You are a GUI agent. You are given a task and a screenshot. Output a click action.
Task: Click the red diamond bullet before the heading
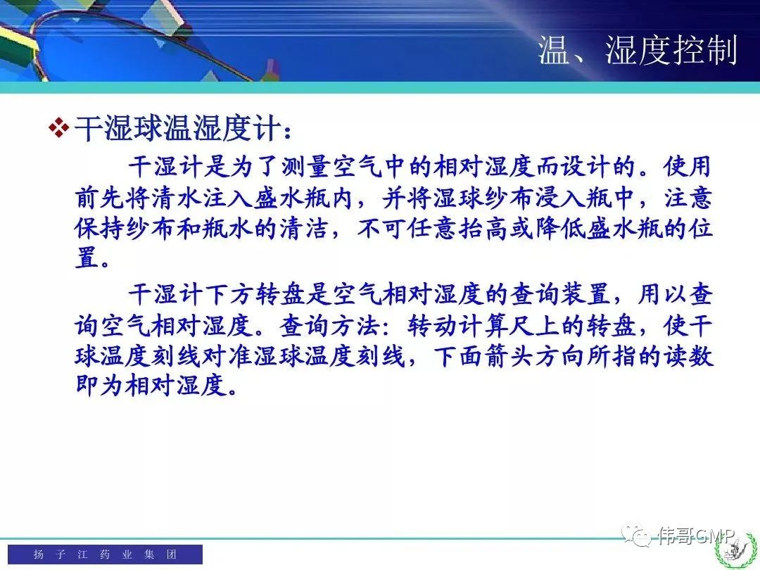click(x=59, y=128)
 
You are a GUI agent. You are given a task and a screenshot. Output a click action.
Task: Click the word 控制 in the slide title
click(x=705, y=50)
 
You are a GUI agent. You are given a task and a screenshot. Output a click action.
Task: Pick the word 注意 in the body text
click(x=688, y=198)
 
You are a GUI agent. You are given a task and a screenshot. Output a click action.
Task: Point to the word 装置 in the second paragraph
click(x=585, y=295)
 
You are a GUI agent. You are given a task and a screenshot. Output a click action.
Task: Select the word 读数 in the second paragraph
click(x=688, y=356)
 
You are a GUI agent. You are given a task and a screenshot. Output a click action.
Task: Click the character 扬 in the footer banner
click(x=39, y=554)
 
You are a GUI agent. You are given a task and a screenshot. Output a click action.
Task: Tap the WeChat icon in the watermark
click(x=636, y=535)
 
